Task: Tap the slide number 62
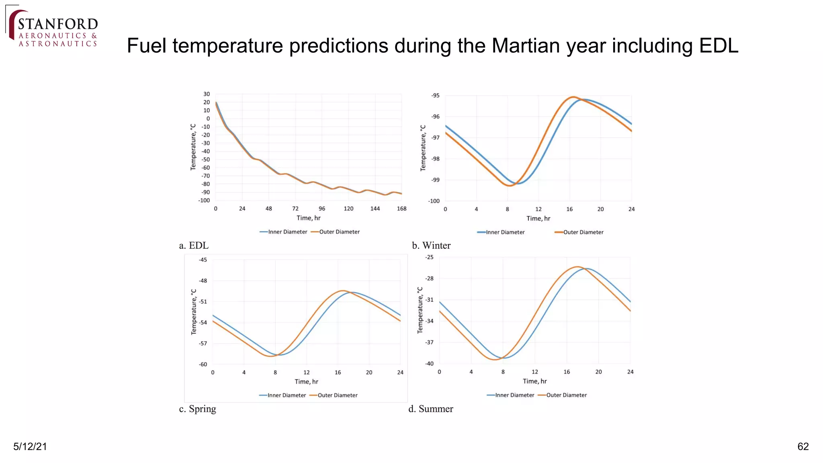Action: (803, 447)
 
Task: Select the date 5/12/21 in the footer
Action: (30, 447)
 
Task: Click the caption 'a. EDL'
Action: (194, 246)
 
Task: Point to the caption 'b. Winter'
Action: (431, 246)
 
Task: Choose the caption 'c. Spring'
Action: (197, 409)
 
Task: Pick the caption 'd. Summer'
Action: (431, 409)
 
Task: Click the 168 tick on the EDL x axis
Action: (401, 209)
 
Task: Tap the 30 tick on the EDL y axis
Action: (207, 94)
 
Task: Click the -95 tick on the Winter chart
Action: (435, 96)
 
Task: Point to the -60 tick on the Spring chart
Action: (203, 365)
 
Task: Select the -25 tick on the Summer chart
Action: (430, 257)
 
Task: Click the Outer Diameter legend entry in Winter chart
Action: (583, 232)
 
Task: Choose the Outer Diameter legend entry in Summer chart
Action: (566, 395)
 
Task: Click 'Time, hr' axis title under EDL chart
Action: (308, 218)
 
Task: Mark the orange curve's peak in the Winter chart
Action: (573, 97)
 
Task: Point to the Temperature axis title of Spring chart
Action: (194, 311)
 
